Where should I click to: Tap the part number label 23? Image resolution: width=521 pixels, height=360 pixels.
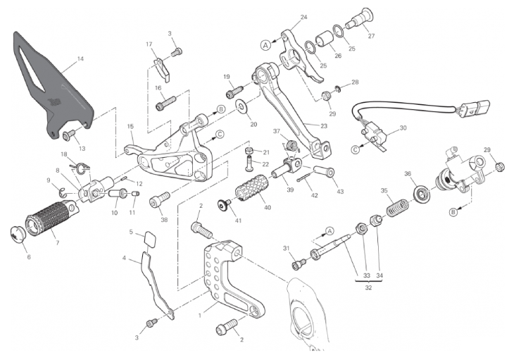tap(324, 126)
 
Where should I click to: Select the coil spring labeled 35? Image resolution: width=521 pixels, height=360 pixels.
tap(397, 207)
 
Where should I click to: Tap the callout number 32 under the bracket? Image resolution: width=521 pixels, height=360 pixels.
tap(368, 288)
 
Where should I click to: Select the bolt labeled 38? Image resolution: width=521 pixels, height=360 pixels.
tap(159, 199)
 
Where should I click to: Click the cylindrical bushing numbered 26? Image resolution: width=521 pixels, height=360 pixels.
tap(324, 40)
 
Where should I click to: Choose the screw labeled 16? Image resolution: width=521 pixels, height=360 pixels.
tap(165, 103)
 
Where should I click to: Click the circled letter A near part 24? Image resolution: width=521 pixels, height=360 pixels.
tap(265, 45)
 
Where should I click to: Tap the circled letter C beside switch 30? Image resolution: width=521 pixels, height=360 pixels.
tap(356, 150)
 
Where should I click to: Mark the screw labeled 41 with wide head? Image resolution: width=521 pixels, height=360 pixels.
tap(225, 205)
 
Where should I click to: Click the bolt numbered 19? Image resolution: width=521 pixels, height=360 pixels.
tap(234, 92)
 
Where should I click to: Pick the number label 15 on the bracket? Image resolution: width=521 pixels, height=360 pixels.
tap(130, 126)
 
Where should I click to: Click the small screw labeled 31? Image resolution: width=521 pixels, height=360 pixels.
tap(299, 263)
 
